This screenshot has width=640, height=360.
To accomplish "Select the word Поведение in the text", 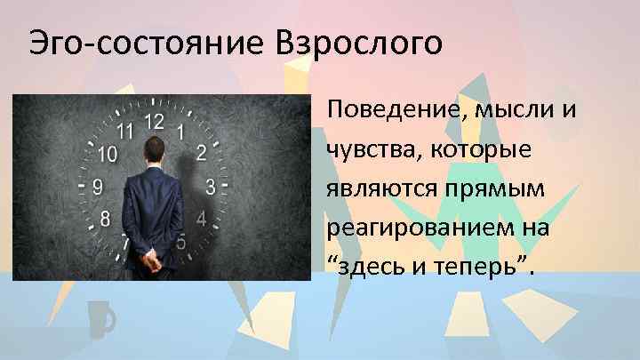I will [x=399, y=113].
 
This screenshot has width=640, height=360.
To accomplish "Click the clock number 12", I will [x=155, y=120].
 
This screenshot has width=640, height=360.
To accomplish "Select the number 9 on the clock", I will [x=97, y=187].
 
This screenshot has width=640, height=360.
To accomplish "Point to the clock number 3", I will [x=210, y=187].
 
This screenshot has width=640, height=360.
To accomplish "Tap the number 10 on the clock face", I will [x=106, y=155].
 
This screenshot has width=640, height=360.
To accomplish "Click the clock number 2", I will [x=202, y=153].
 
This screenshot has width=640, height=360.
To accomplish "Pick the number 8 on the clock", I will [x=106, y=218].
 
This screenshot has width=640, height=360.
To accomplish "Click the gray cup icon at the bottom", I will [x=100, y=318].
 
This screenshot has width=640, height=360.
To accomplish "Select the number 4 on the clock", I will [x=201, y=219].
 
